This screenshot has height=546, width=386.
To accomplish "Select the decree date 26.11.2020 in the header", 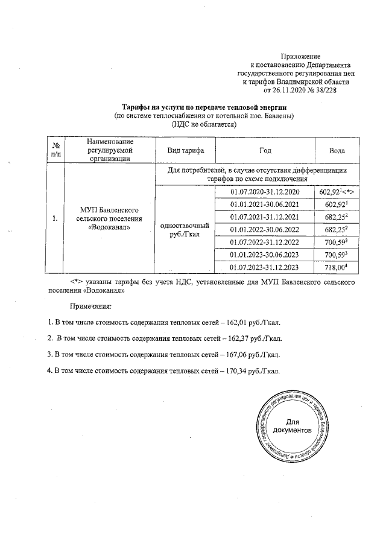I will [x=292, y=90].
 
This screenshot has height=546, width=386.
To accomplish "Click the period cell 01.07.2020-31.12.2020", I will [x=265, y=192].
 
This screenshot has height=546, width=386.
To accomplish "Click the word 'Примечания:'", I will [x=90, y=306].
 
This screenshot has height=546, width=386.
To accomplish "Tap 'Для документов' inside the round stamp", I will [x=293, y=427].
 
